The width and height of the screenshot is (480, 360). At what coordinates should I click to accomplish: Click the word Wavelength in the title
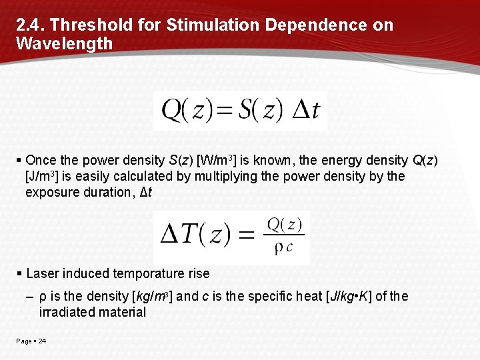tap(64, 44)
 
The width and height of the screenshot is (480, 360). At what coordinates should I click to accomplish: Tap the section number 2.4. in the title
tap(30, 25)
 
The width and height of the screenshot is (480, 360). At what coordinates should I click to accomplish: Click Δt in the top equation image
tap(306, 110)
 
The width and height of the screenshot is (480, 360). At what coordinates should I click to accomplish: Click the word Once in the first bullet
tap(41, 160)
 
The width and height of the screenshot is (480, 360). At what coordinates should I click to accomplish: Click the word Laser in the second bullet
tap(43, 273)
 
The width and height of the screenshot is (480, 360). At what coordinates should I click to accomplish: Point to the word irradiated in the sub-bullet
tap(67, 312)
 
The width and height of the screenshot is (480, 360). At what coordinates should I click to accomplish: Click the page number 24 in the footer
tap(42, 341)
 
